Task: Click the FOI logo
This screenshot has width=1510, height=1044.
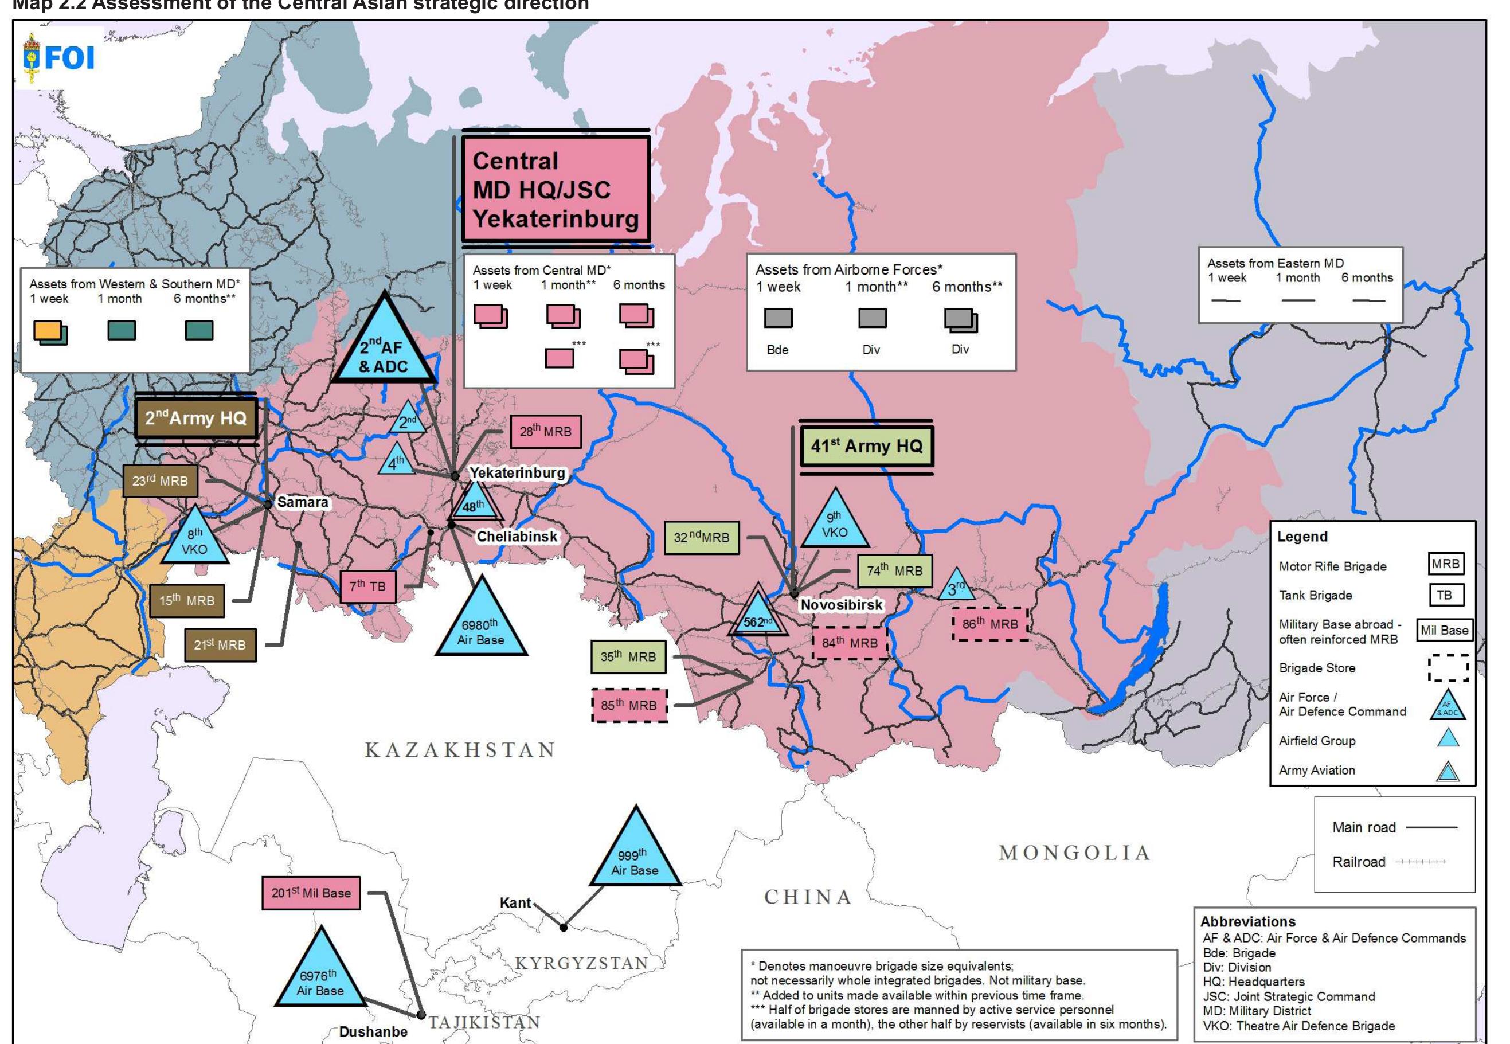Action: [x=59, y=57]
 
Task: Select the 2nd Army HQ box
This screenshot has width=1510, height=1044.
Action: [x=195, y=419]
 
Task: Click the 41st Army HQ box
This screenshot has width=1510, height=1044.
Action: [x=866, y=446]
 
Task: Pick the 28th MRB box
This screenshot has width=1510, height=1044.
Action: [x=545, y=432]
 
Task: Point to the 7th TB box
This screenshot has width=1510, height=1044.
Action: [x=367, y=586]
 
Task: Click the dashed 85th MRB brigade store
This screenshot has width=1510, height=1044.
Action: [x=629, y=706]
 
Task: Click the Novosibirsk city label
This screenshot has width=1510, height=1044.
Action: [x=841, y=605]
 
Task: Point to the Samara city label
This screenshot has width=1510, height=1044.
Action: [x=302, y=502]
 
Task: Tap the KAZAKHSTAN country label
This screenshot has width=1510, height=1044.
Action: [x=460, y=750]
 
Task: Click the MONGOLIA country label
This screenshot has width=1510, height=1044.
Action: [x=1074, y=853]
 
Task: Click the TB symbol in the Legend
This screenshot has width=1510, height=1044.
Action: [x=1445, y=595]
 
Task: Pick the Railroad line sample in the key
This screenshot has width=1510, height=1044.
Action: [x=1421, y=862]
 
